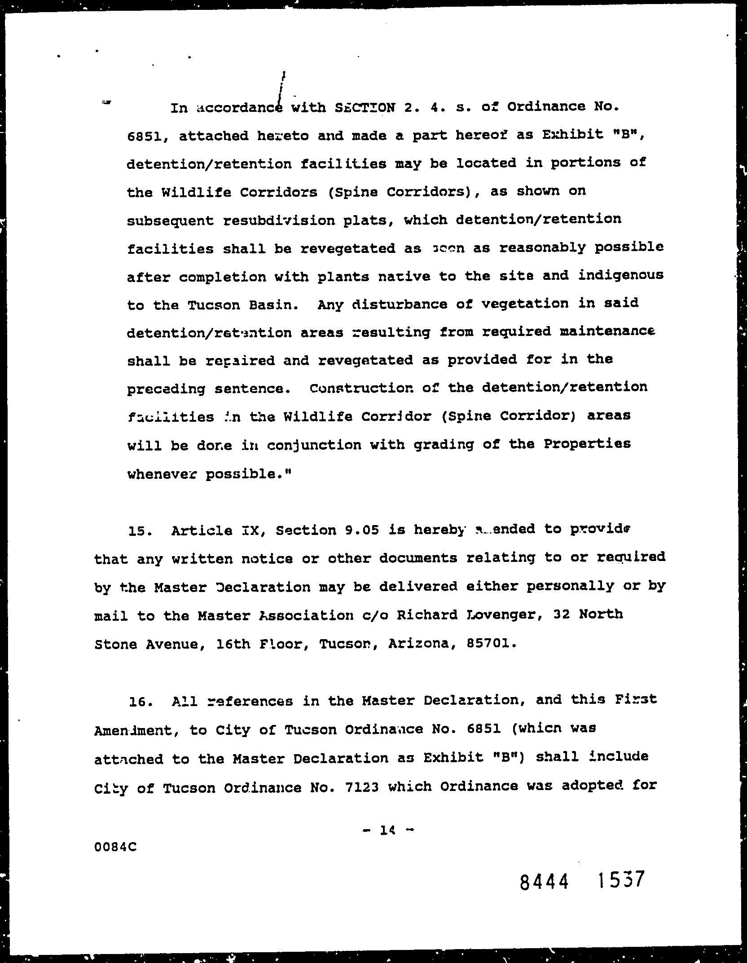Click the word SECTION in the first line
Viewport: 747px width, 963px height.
point(365,108)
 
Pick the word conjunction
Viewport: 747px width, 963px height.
point(314,445)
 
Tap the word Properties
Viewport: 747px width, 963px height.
point(587,444)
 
